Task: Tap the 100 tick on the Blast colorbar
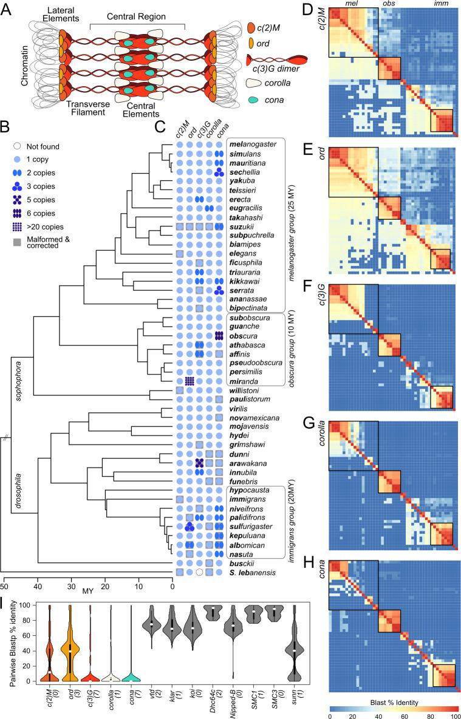coord(456,714)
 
